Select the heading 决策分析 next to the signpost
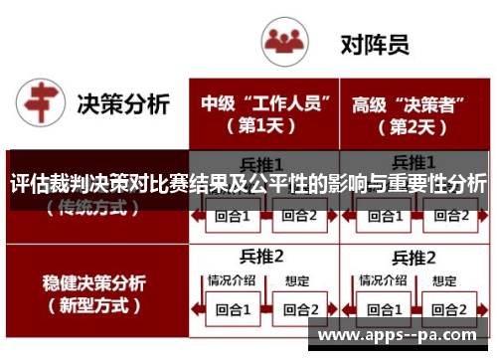(124, 103)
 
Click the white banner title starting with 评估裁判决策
(248, 184)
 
